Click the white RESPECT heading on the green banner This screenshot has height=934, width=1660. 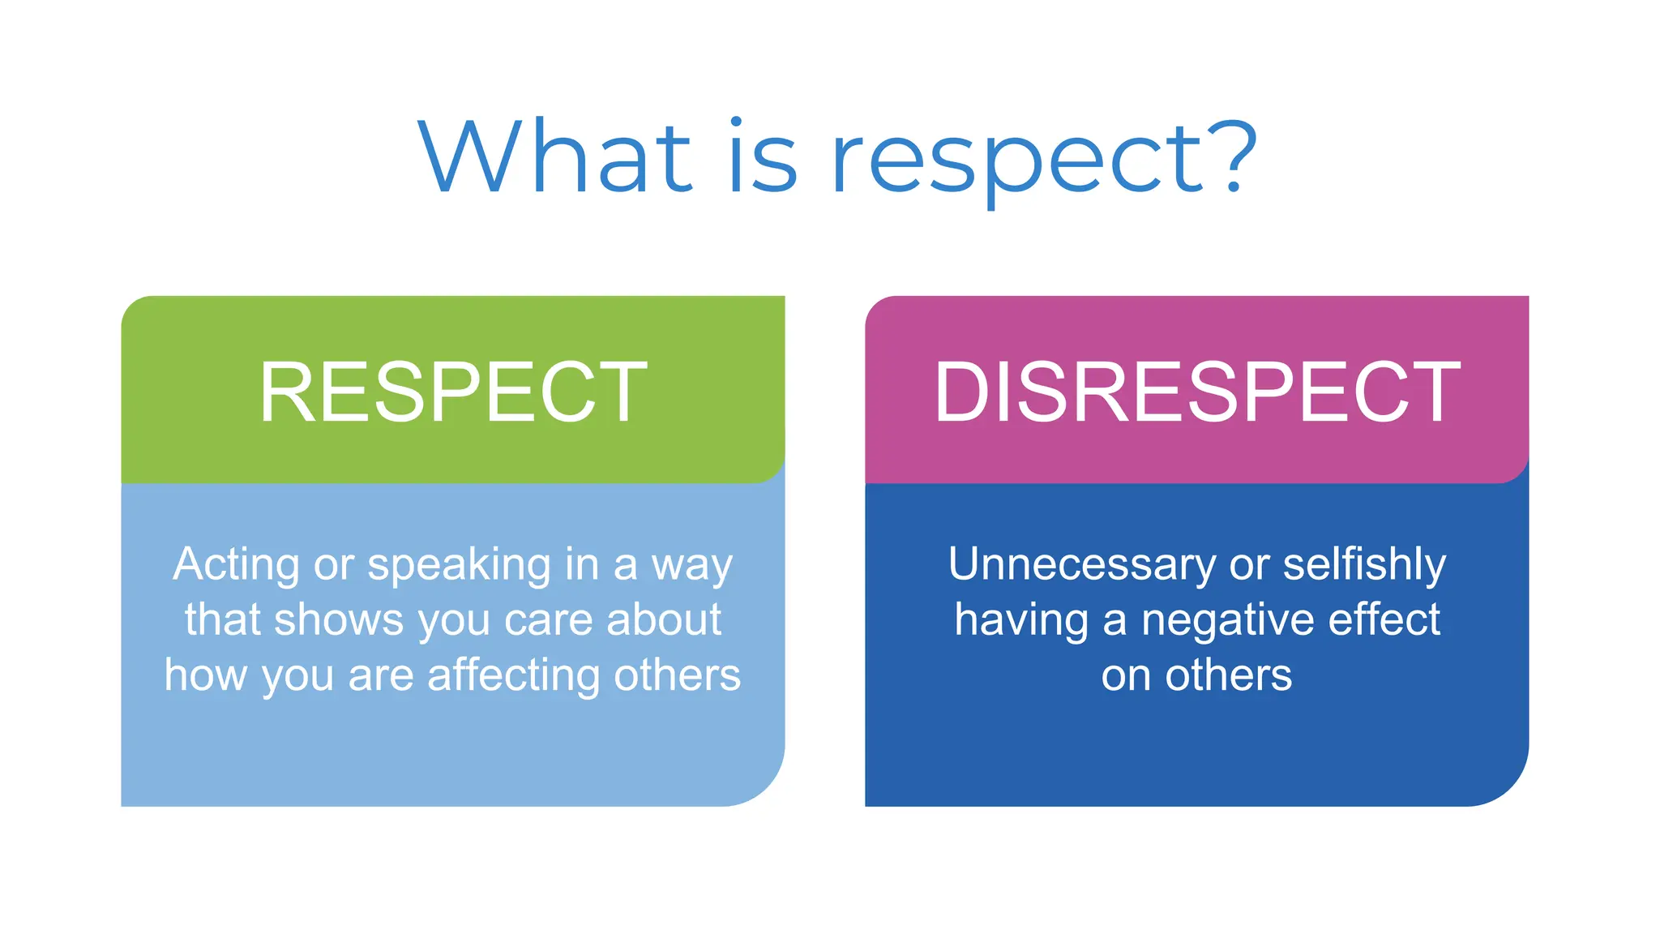453,392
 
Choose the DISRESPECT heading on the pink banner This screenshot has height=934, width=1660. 1197,392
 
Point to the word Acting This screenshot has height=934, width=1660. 236,565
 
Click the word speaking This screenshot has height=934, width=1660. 460,565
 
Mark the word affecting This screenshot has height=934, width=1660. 513,676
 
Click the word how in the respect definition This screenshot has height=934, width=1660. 205,675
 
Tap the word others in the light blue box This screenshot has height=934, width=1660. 677,675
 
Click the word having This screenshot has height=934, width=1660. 1020,621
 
